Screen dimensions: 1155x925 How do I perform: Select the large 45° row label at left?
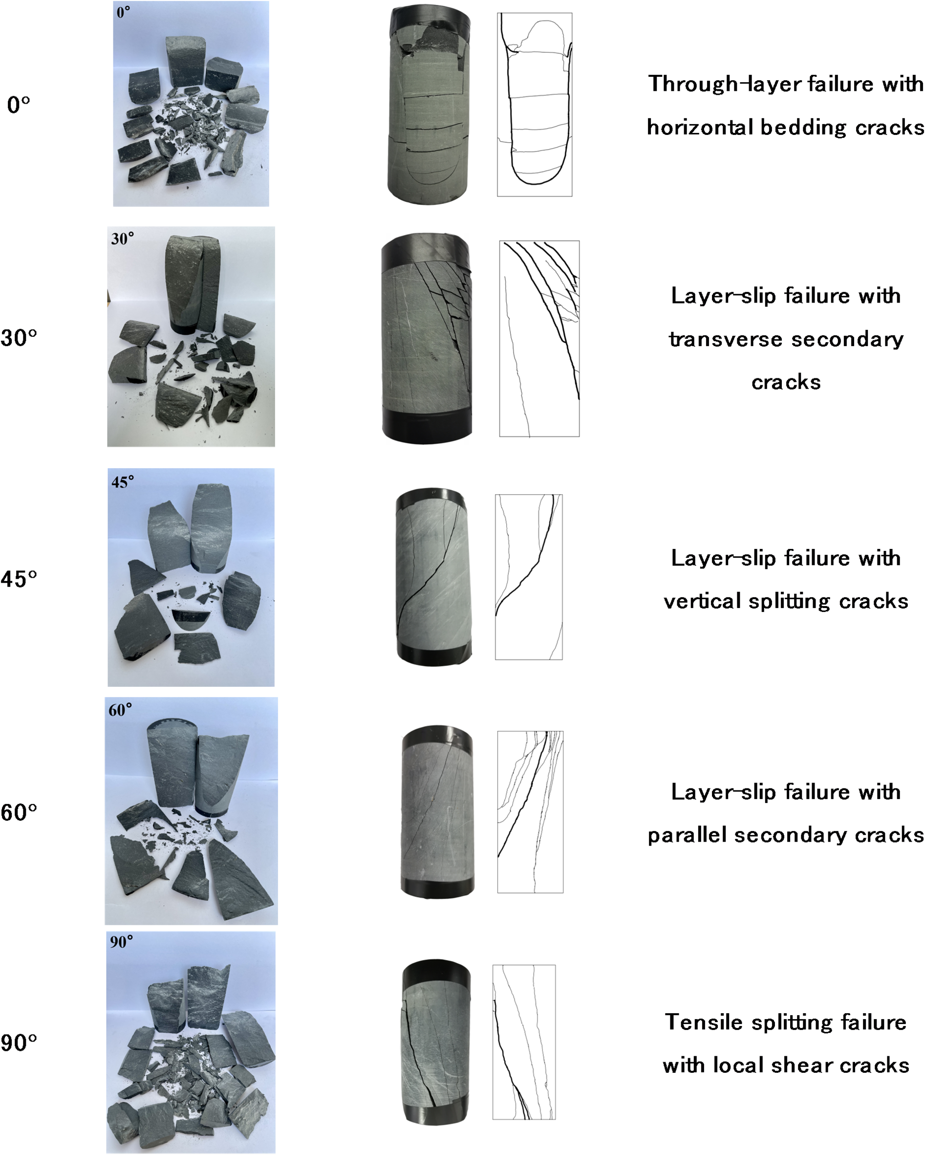19,579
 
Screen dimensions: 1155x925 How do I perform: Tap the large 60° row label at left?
19,813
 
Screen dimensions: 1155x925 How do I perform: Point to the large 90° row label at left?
19,1043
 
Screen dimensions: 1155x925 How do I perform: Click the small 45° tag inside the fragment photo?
123,482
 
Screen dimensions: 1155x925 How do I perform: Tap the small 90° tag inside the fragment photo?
122,942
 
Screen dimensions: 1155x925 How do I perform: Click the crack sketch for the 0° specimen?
535,105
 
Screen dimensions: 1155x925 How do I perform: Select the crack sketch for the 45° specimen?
529,577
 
